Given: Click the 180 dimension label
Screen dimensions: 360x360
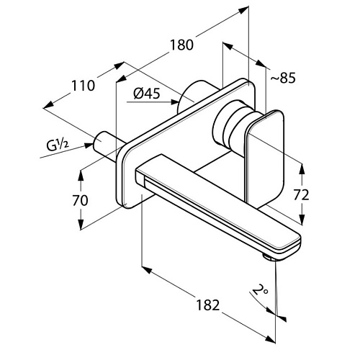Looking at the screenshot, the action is pyautogui.click(x=181, y=45).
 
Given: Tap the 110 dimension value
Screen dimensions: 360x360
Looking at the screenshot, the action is pyautogui.click(x=84, y=86).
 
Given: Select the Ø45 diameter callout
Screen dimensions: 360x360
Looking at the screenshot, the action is pyautogui.click(x=147, y=94).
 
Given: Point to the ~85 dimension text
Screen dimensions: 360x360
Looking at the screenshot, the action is pyautogui.click(x=284, y=78).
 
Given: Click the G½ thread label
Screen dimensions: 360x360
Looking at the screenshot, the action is pyautogui.click(x=58, y=145).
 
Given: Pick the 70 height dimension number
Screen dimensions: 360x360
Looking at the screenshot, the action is pyautogui.click(x=81, y=200).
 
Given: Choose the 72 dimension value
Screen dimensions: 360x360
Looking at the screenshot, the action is pyautogui.click(x=302, y=195).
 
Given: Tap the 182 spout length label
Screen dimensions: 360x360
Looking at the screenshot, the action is pyautogui.click(x=208, y=305).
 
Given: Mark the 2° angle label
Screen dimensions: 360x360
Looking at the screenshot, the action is pyautogui.click(x=260, y=290).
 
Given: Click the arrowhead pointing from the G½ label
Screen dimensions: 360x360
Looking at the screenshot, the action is pyautogui.click(x=89, y=145).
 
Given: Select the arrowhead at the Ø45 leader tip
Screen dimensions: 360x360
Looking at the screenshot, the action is pyautogui.click(x=175, y=102).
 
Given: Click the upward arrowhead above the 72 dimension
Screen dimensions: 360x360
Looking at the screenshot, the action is pyautogui.click(x=302, y=168).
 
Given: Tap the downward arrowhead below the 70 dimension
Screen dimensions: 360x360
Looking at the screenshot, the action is pyautogui.click(x=81, y=225).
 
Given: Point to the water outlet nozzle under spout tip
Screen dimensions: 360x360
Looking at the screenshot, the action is pyautogui.click(x=269, y=258).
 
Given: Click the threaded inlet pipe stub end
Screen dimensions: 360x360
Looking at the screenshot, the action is pyautogui.click(x=100, y=140).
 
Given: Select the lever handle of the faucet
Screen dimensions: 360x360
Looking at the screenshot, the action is pyautogui.click(x=265, y=157).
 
